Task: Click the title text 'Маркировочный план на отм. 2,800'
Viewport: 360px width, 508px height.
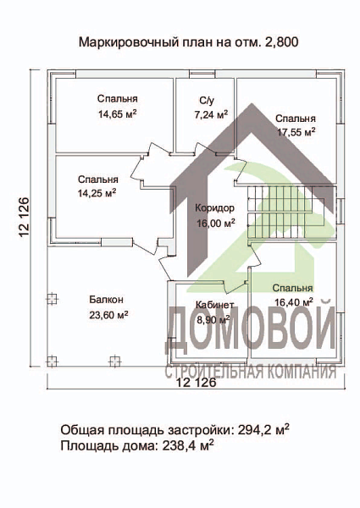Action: (x=188, y=41)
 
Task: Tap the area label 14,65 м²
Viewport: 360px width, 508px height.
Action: (x=118, y=113)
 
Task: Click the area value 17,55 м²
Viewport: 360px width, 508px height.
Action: (x=296, y=131)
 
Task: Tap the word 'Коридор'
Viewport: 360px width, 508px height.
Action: (x=213, y=208)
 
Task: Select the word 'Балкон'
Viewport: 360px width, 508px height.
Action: (x=107, y=300)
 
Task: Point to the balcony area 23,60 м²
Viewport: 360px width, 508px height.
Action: (x=108, y=314)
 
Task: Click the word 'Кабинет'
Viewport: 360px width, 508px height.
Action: (x=214, y=306)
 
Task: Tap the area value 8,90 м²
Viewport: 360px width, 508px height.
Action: (x=213, y=320)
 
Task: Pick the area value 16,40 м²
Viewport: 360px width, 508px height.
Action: (x=293, y=301)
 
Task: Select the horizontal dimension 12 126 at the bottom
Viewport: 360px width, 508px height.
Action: (x=196, y=383)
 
